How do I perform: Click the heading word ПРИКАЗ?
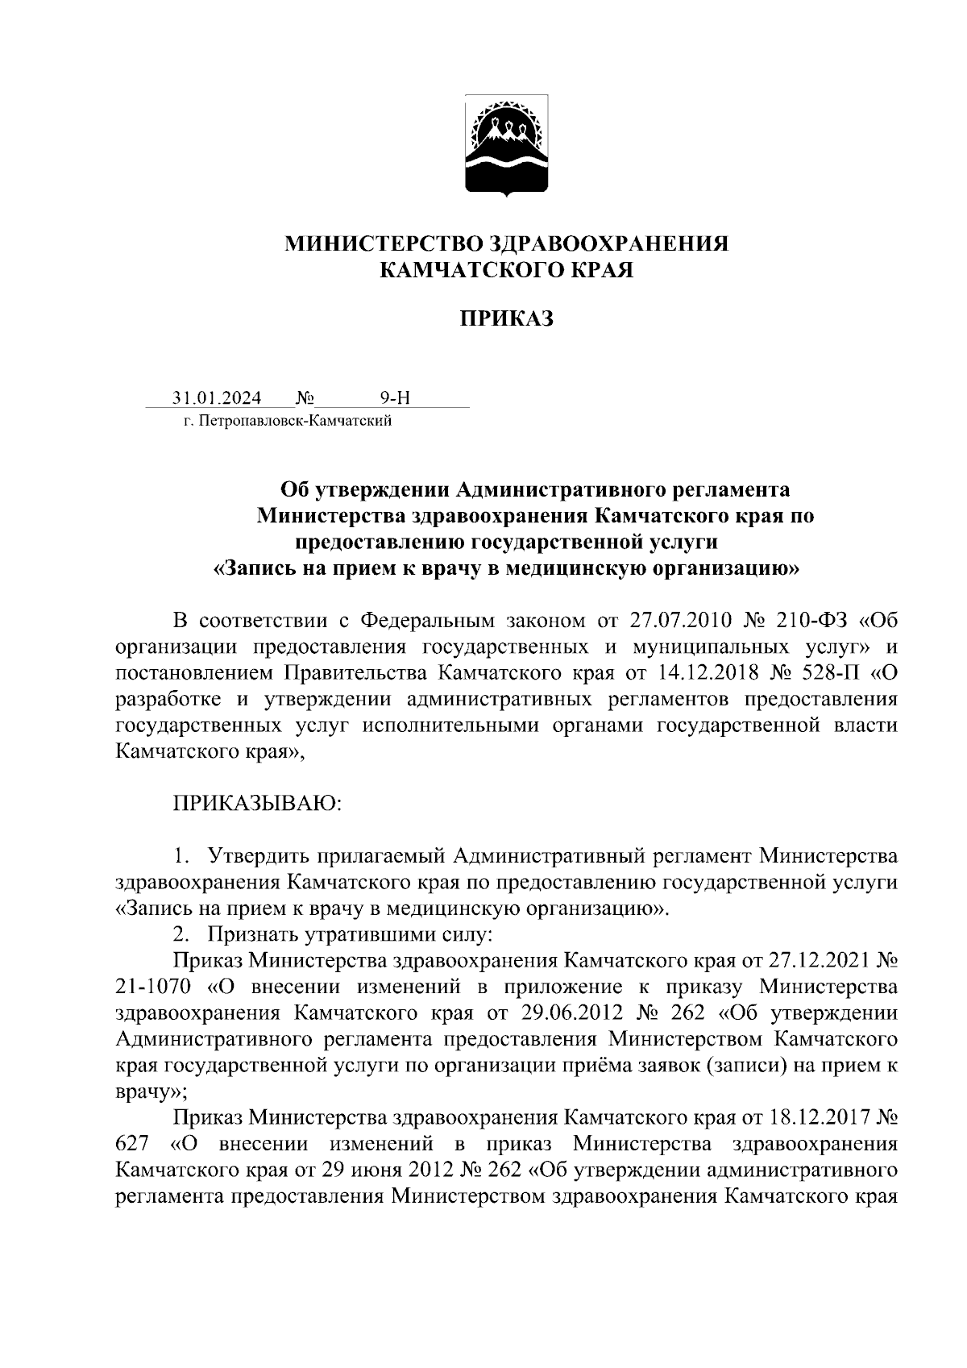[x=507, y=319]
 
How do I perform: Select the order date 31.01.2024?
[x=216, y=398]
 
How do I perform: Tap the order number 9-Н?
[x=395, y=398]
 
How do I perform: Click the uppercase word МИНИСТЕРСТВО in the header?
[x=383, y=243]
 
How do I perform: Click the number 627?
[x=131, y=1143]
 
